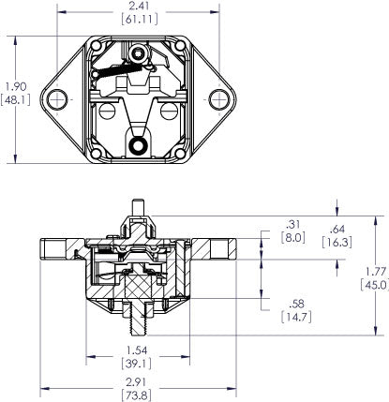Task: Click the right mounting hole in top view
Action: (x=222, y=97)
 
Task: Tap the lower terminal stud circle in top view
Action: (x=141, y=144)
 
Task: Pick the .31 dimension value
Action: (x=291, y=224)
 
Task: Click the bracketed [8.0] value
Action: (x=291, y=238)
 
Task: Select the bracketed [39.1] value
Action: (x=141, y=364)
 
